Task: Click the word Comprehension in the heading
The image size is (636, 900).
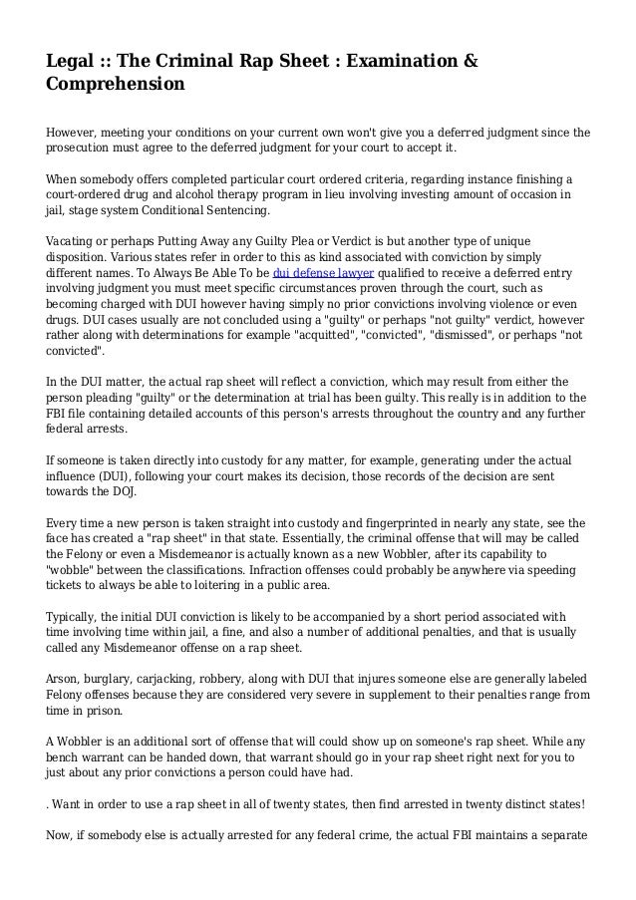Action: pos(116,85)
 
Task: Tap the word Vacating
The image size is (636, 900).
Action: pos(72,243)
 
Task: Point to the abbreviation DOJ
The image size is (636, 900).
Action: pos(123,491)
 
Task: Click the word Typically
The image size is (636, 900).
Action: pos(75,619)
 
